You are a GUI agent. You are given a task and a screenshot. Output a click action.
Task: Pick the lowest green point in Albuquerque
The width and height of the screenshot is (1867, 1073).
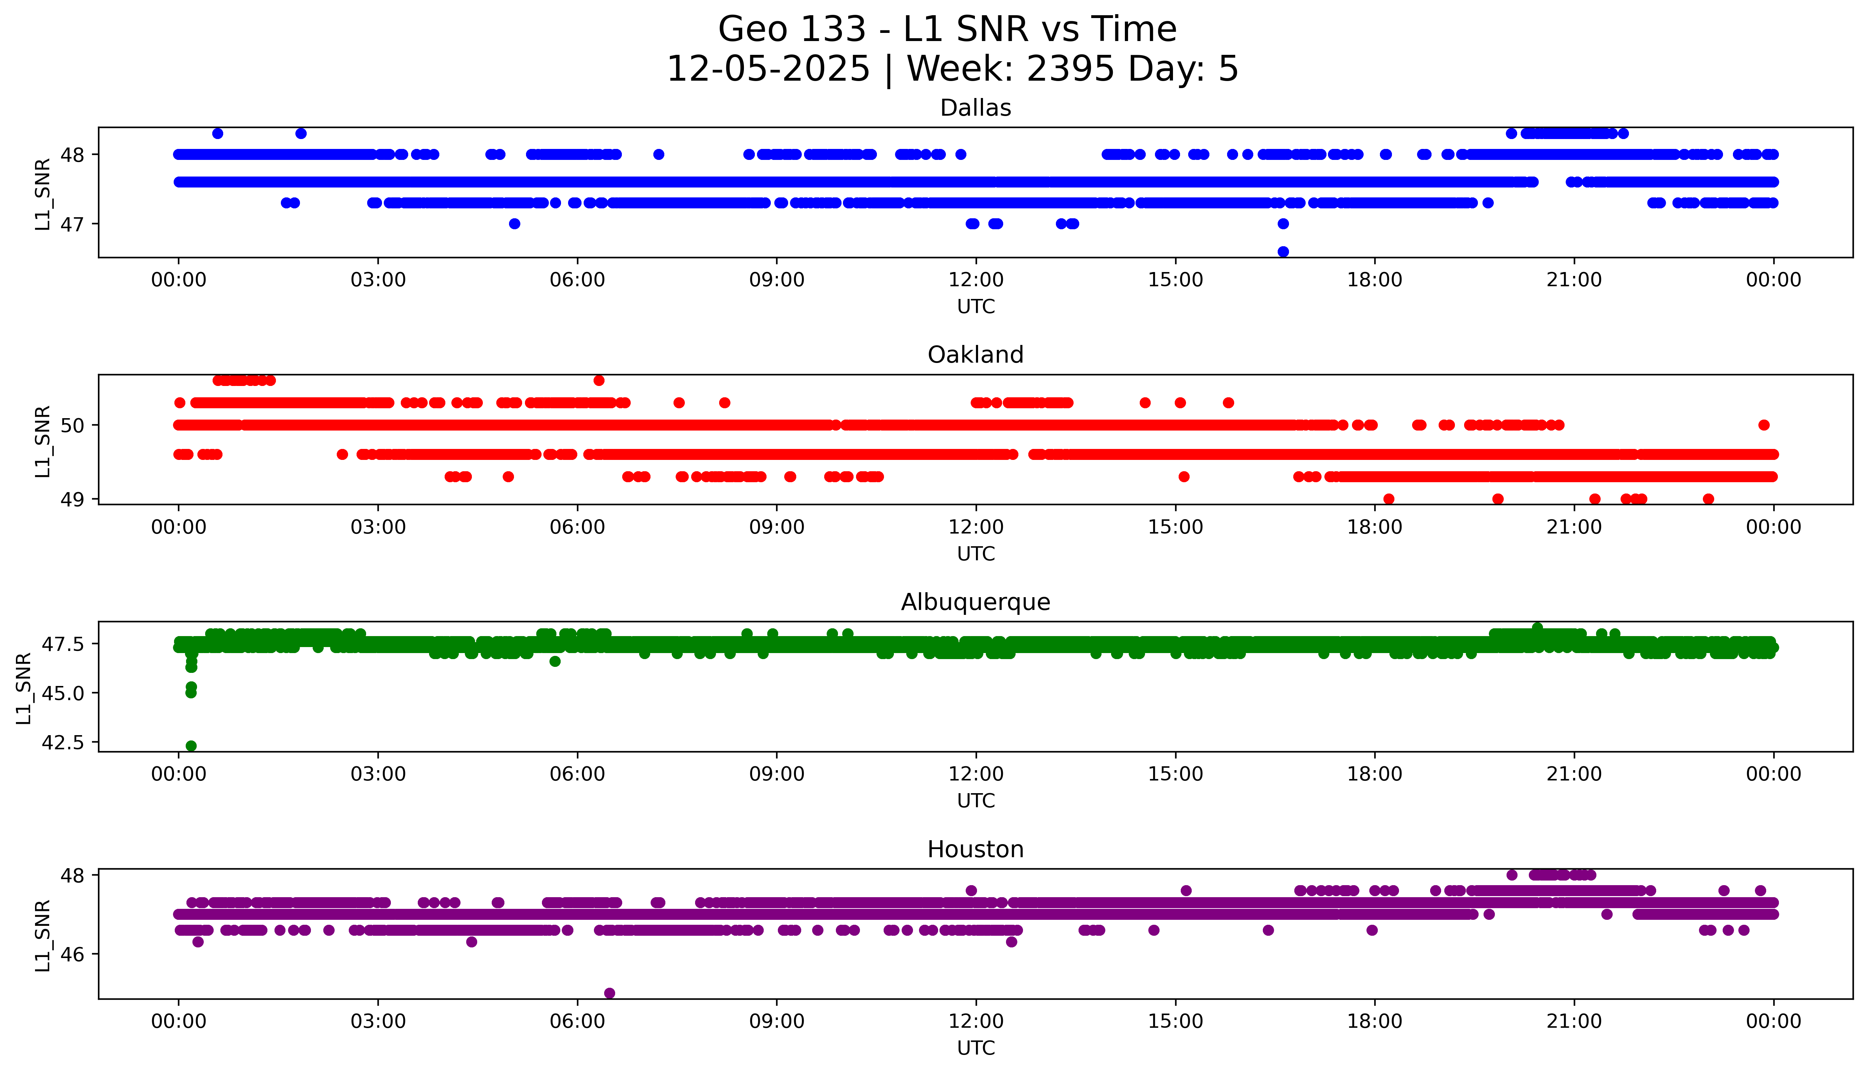pos(191,746)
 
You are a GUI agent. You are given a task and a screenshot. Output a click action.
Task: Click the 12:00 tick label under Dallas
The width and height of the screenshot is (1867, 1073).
pos(976,280)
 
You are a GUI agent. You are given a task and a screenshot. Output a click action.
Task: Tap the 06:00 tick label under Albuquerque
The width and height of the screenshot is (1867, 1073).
pos(577,774)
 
